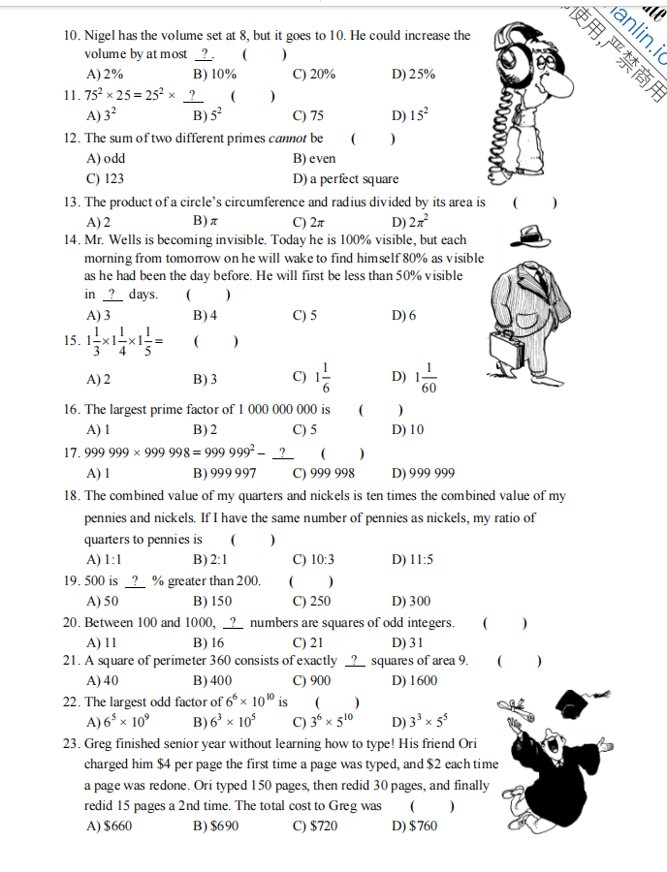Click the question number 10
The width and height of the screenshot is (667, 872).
pos(71,35)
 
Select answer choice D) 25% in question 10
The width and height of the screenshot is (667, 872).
pos(413,74)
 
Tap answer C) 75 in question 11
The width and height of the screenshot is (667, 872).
pos(308,116)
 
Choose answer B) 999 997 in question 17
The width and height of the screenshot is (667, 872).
pos(225,474)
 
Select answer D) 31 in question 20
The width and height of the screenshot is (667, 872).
pos(407,643)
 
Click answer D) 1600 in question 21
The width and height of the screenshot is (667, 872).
pos(414,681)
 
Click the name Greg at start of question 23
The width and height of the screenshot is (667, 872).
pos(100,744)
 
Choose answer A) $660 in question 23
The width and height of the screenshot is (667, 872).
pos(109,825)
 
